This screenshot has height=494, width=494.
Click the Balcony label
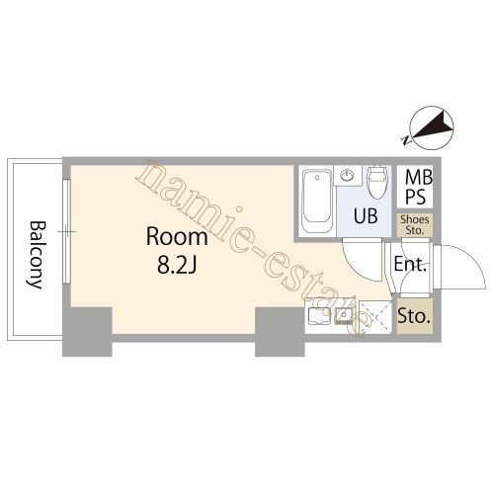pyautogui.click(x=36, y=255)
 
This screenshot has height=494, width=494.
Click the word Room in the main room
pyautogui.click(x=177, y=237)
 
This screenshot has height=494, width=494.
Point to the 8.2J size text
pyautogui.click(x=177, y=265)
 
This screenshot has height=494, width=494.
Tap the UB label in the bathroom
pyautogui.click(x=366, y=216)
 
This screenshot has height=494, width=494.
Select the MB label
pyautogui.click(x=418, y=178)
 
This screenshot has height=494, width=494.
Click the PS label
pyautogui.click(x=415, y=197)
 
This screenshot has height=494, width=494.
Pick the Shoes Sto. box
pyautogui.click(x=415, y=225)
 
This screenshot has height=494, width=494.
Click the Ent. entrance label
pyautogui.click(x=410, y=264)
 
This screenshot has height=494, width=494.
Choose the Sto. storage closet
pyautogui.click(x=414, y=316)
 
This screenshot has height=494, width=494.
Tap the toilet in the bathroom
pyautogui.click(x=377, y=182)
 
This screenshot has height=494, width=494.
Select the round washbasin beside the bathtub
pyautogui.click(x=347, y=176)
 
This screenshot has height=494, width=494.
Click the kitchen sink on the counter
pyautogui.click(x=344, y=317)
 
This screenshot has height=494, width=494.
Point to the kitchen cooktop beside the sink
pyautogui.click(x=319, y=316)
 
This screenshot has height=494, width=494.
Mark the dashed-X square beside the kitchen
pyautogui.click(x=375, y=317)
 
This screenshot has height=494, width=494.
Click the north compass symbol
pyautogui.click(x=432, y=127)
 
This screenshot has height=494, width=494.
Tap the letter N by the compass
pyautogui.click(x=406, y=140)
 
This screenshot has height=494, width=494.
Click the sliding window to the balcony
pyautogui.click(x=66, y=231)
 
